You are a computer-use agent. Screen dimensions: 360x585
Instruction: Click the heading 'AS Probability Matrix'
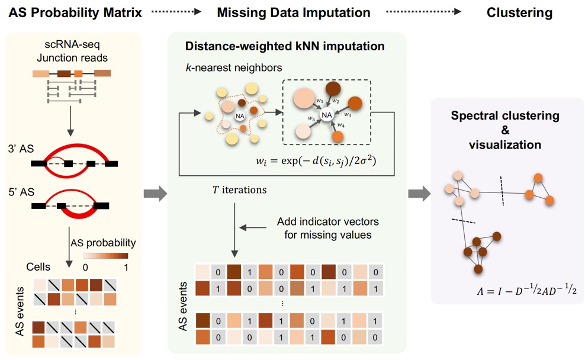pyautogui.click(x=72, y=12)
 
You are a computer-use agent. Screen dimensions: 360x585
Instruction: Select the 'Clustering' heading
pyautogui.click(x=519, y=12)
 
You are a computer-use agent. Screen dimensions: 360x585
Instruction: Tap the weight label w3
pyautogui.click(x=349, y=115)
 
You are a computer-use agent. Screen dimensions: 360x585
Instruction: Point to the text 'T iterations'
pyautogui.click(x=239, y=191)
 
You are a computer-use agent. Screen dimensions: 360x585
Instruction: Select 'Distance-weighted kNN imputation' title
pyautogui.click(x=285, y=46)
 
